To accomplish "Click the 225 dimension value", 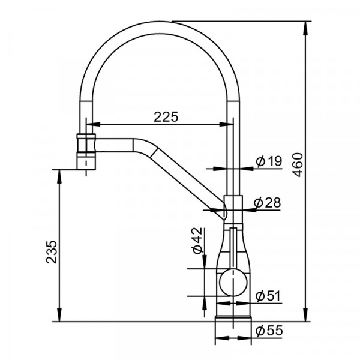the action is click(166, 116).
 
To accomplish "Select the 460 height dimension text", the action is click(298, 164).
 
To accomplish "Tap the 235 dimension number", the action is click(51, 252).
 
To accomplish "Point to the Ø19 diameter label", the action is click(269, 161).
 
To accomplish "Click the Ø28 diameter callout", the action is click(268, 203).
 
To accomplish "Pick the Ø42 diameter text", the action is click(197, 241).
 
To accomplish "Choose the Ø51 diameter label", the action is click(268, 296).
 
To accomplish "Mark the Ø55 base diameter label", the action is click(269, 331).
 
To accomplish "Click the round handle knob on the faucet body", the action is click(233, 283).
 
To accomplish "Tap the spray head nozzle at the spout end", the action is click(86, 152).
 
